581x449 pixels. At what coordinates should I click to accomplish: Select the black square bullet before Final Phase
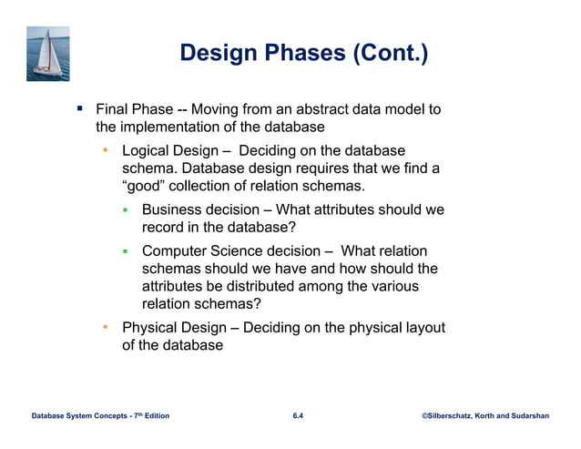click(x=80, y=109)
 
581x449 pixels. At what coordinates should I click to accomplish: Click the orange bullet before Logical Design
click(x=106, y=149)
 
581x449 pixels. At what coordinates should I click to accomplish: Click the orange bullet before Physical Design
click(x=106, y=327)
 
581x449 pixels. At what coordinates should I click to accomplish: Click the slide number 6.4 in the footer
click(x=298, y=416)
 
